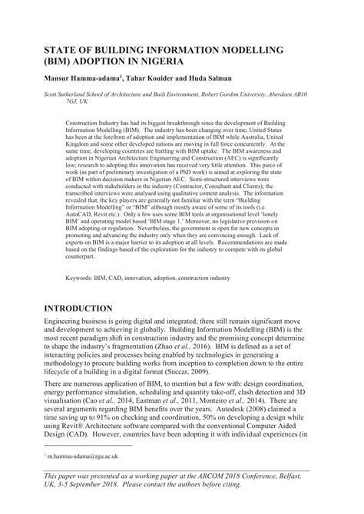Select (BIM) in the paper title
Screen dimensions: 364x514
click(59, 60)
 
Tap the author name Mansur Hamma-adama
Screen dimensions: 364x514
click(82, 78)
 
